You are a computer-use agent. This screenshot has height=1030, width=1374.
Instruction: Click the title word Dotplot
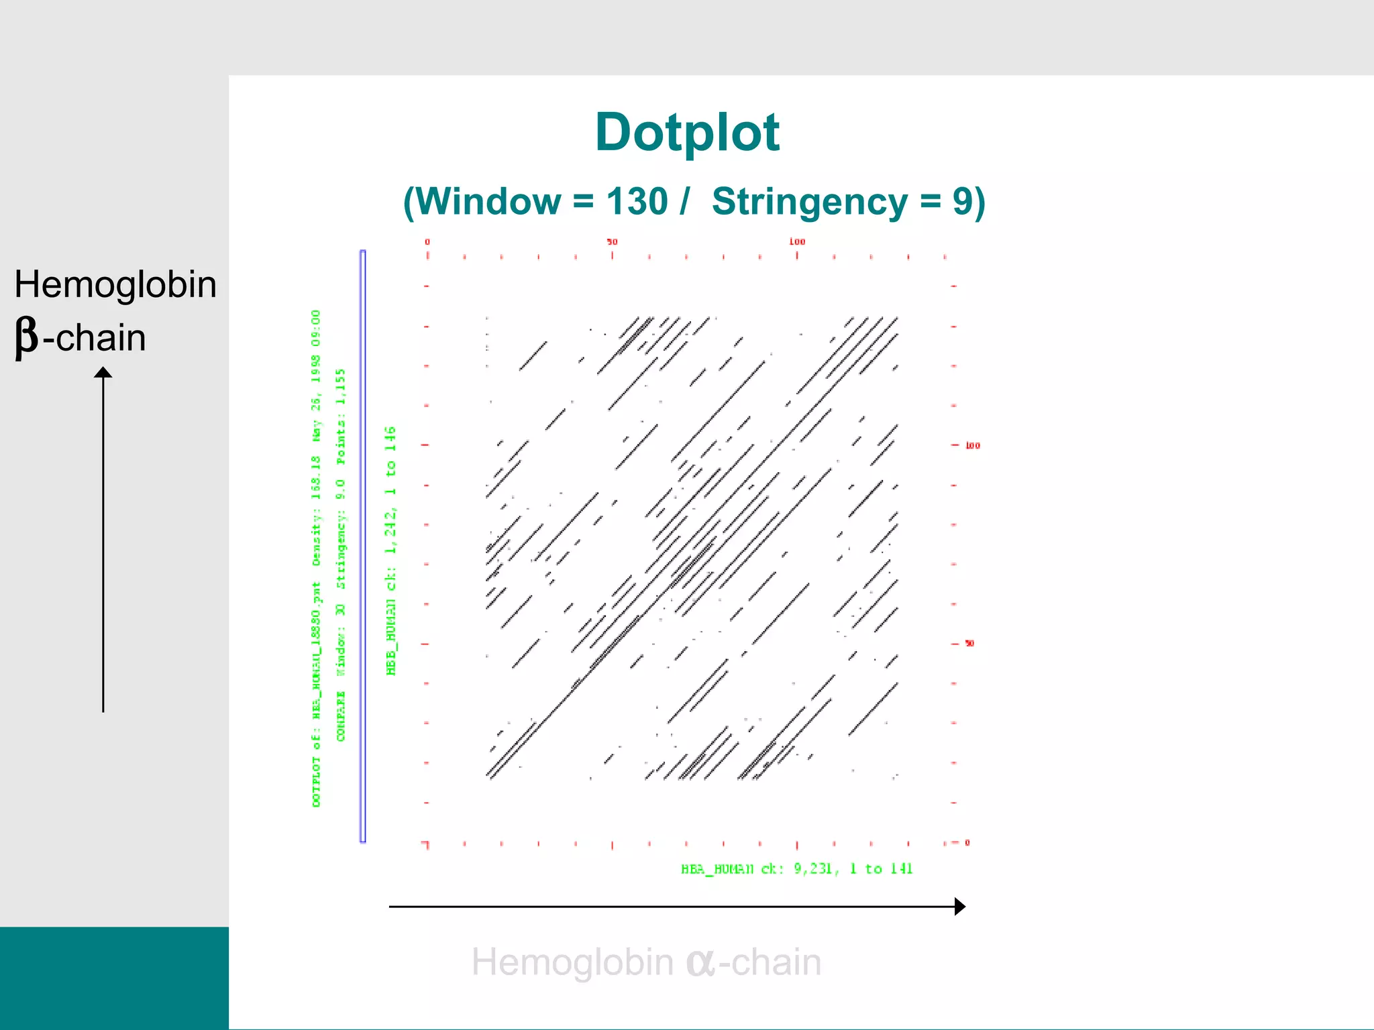pos(687,133)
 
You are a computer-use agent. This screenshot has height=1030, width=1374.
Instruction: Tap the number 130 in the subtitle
pos(637,201)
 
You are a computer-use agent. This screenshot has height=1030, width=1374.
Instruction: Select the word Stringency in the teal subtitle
pos(810,201)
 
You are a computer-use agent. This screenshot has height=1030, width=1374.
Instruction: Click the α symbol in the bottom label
pos(700,962)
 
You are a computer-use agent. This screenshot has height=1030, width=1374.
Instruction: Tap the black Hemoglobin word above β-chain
pos(115,284)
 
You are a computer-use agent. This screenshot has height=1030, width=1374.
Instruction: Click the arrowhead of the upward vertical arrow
pos(103,372)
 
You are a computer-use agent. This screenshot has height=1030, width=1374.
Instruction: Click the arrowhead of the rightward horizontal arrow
pos(959,907)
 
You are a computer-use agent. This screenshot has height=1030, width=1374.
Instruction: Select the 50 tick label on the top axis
pos(612,241)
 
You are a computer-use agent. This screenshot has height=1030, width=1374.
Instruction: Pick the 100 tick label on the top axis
pos(797,241)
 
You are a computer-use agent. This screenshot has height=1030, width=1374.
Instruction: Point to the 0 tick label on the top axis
pos(427,241)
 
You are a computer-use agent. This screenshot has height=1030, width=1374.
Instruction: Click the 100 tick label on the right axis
pos(973,445)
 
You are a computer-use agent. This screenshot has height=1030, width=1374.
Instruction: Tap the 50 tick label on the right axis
pos(969,643)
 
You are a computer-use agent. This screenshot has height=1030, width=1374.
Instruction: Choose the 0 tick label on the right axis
pos(967,842)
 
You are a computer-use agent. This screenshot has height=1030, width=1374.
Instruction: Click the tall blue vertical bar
pos(363,546)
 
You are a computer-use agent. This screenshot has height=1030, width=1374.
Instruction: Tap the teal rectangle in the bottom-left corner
pos(114,978)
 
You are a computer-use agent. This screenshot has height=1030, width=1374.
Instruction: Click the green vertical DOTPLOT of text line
pos(317,782)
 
